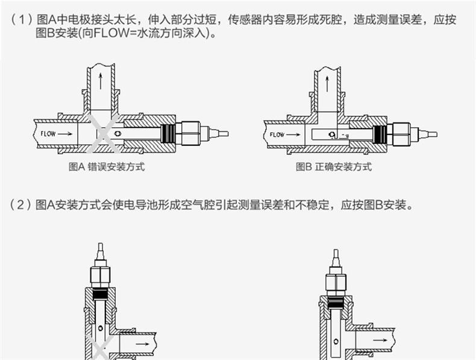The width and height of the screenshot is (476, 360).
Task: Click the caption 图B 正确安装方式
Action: click(x=333, y=167)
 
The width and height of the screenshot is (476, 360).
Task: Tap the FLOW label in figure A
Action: click(x=49, y=133)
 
